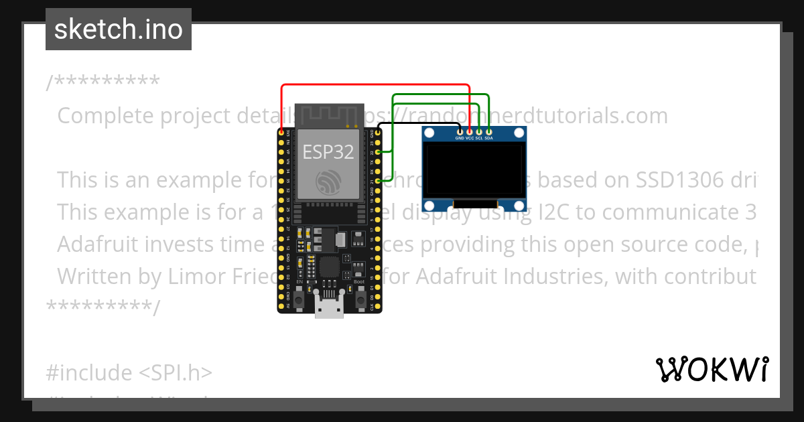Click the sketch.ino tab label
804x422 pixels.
click(x=119, y=29)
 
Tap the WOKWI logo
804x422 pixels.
click(x=712, y=369)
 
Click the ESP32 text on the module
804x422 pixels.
click(x=328, y=152)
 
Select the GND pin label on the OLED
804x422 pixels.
click(x=460, y=138)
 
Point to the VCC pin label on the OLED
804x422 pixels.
click(x=470, y=138)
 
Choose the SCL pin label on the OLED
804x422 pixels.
click(x=479, y=138)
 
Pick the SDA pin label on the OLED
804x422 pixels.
click(x=489, y=138)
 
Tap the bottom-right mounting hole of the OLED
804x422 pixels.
click(x=518, y=205)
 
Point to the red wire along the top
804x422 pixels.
click(x=375, y=85)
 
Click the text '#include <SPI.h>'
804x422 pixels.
click(x=129, y=372)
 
